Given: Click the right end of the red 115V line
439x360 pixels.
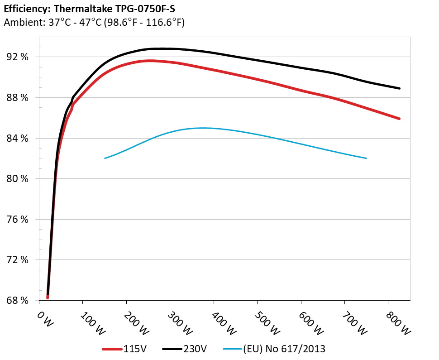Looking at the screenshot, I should (399, 119).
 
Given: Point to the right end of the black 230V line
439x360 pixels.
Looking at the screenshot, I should (399, 88).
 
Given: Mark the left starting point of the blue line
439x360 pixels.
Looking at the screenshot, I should (105, 158).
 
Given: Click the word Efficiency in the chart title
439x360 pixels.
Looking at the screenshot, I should (24, 9).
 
